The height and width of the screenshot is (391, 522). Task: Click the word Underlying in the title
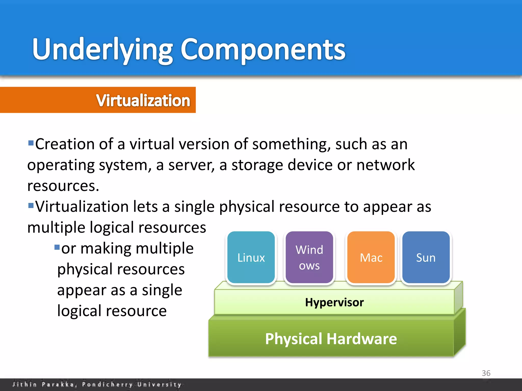[102, 50]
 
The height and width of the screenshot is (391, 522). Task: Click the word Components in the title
[263, 50]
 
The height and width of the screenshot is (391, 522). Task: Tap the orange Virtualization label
[143, 100]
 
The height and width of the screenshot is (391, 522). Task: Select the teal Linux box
[251, 258]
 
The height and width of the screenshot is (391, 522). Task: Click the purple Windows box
[309, 258]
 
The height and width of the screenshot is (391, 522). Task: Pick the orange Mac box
[371, 258]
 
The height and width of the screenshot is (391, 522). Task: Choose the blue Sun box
[426, 258]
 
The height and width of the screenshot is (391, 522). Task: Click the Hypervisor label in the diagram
[334, 302]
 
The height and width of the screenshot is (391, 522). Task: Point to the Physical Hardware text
[331, 339]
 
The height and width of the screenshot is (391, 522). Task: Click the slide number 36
[486, 373]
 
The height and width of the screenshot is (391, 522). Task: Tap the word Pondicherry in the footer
[107, 384]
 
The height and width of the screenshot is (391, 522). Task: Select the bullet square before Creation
[31, 143]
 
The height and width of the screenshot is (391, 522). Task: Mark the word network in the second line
[385, 165]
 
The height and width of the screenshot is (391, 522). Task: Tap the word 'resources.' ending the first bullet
[63, 186]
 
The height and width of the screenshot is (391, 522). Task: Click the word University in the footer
[159, 384]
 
